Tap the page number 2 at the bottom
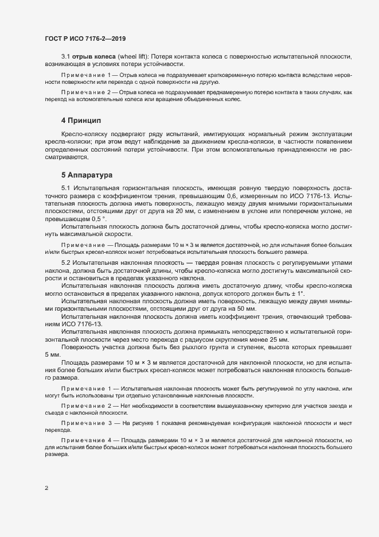pos(46,488)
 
